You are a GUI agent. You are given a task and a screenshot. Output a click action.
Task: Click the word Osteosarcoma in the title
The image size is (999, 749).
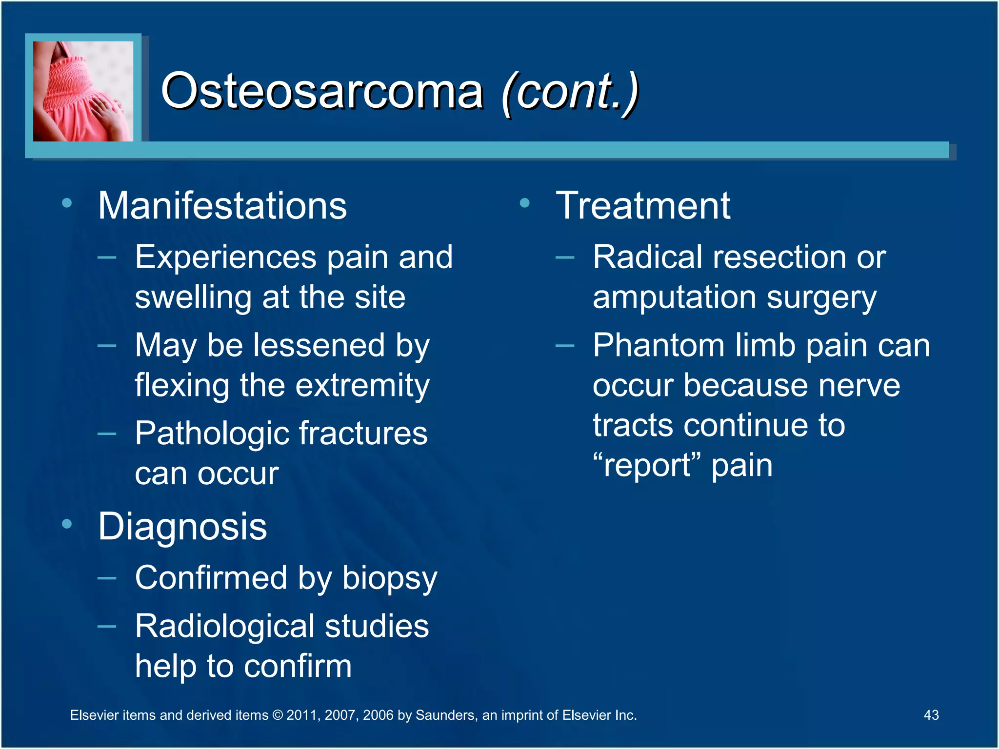[322, 91]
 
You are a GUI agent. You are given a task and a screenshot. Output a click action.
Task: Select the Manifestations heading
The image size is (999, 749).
[222, 206]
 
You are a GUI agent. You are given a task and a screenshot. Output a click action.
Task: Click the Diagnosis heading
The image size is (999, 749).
[182, 527]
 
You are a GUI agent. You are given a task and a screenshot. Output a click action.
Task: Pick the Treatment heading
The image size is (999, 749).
[643, 206]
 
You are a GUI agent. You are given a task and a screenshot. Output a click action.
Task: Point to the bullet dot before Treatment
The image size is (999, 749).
[525, 203]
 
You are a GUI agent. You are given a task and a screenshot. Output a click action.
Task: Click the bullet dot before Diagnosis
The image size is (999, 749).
[67, 524]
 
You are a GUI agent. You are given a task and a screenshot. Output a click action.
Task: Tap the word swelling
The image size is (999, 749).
[193, 297]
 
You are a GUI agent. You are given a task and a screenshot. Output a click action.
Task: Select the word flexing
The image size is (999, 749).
[182, 386]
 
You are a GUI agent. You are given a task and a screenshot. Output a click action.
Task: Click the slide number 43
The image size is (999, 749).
[931, 715]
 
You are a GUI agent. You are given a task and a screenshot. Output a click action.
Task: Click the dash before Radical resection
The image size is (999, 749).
[565, 257]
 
